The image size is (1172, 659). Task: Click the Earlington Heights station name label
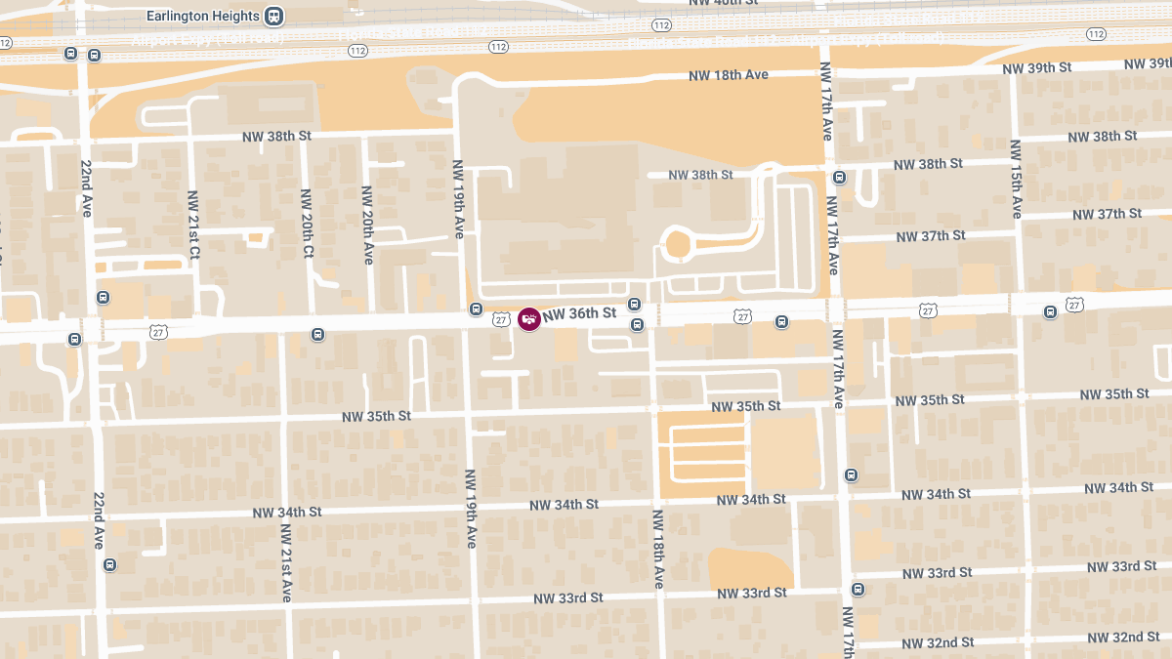click(x=202, y=17)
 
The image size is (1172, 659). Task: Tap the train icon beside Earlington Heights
click(x=275, y=17)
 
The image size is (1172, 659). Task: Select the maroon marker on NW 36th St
click(x=529, y=318)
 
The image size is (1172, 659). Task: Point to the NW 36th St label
click(x=580, y=313)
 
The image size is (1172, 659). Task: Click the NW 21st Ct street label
click(x=193, y=225)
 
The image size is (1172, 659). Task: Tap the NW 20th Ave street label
click(x=367, y=226)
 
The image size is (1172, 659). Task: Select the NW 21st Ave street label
click(x=286, y=562)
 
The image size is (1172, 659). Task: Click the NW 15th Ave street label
click(x=1016, y=179)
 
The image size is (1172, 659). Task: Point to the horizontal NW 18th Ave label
click(x=729, y=75)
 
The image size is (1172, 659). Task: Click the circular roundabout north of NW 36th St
click(x=677, y=245)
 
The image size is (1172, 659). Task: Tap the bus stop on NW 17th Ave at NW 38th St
click(x=839, y=178)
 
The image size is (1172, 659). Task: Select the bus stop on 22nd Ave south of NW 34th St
click(x=109, y=564)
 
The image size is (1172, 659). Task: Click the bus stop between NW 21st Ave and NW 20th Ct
click(x=317, y=335)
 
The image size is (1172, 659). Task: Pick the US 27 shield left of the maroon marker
click(x=501, y=319)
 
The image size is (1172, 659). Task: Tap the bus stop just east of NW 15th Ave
click(x=1050, y=312)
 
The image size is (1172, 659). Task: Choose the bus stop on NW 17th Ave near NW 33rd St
click(x=858, y=589)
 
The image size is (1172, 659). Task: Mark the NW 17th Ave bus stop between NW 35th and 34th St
click(x=851, y=475)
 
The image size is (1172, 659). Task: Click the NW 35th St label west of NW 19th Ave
click(x=376, y=416)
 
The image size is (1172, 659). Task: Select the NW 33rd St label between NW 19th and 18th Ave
click(x=568, y=597)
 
